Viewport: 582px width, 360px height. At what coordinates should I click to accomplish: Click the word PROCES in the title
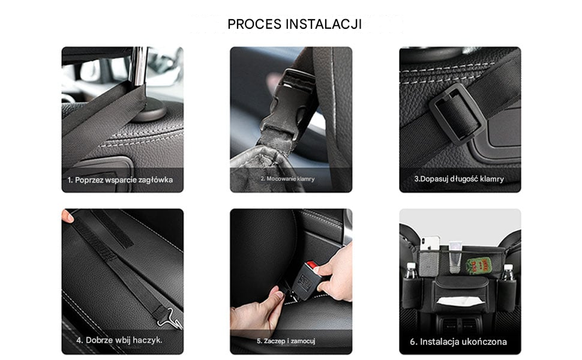[254, 24]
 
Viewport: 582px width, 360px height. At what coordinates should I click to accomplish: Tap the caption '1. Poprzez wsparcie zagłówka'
[120, 180]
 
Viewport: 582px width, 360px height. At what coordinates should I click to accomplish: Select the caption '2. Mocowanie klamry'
[287, 179]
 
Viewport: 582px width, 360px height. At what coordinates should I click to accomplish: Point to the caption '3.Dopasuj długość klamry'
[459, 179]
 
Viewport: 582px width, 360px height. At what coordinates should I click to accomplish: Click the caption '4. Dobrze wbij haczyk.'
[119, 340]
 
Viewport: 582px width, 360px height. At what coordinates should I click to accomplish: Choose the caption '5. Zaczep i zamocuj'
[286, 341]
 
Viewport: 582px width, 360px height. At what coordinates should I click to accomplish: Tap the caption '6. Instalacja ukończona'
[458, 342]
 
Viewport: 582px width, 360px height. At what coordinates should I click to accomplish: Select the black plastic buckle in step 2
[287, 104]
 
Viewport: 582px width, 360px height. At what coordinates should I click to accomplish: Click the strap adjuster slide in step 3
[457, 114]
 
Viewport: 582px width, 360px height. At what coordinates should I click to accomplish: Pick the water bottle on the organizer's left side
[410, 271]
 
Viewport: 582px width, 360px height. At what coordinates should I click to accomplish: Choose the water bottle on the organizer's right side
[508, 272]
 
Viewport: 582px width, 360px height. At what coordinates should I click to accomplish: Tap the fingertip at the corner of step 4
[67, 217]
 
